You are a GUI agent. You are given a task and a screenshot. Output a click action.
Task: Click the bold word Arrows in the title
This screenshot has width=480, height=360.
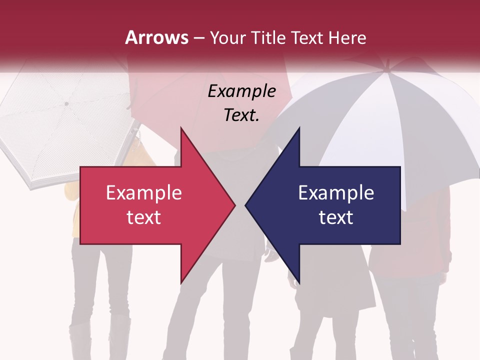(156, 38)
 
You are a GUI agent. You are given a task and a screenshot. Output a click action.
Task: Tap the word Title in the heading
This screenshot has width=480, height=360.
(268, 38)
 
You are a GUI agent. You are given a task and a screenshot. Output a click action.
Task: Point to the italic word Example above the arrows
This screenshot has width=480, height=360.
(241, 91)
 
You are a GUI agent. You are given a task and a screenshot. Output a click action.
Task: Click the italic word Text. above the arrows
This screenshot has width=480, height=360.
(241, 115)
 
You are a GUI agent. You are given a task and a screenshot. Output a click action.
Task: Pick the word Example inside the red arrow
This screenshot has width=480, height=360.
(143, 193)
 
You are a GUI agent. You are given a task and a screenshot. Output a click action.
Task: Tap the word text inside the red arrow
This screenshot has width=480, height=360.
(143, 217)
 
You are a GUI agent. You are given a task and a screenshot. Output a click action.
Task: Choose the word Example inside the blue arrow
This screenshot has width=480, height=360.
(336, 193)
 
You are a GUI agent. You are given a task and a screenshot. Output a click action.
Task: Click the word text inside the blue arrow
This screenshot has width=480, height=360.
(336, 217)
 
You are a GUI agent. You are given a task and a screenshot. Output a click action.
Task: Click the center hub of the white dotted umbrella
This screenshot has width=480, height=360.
(66, 103)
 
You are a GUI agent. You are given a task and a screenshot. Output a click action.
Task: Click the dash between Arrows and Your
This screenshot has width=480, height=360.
(198, 38)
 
